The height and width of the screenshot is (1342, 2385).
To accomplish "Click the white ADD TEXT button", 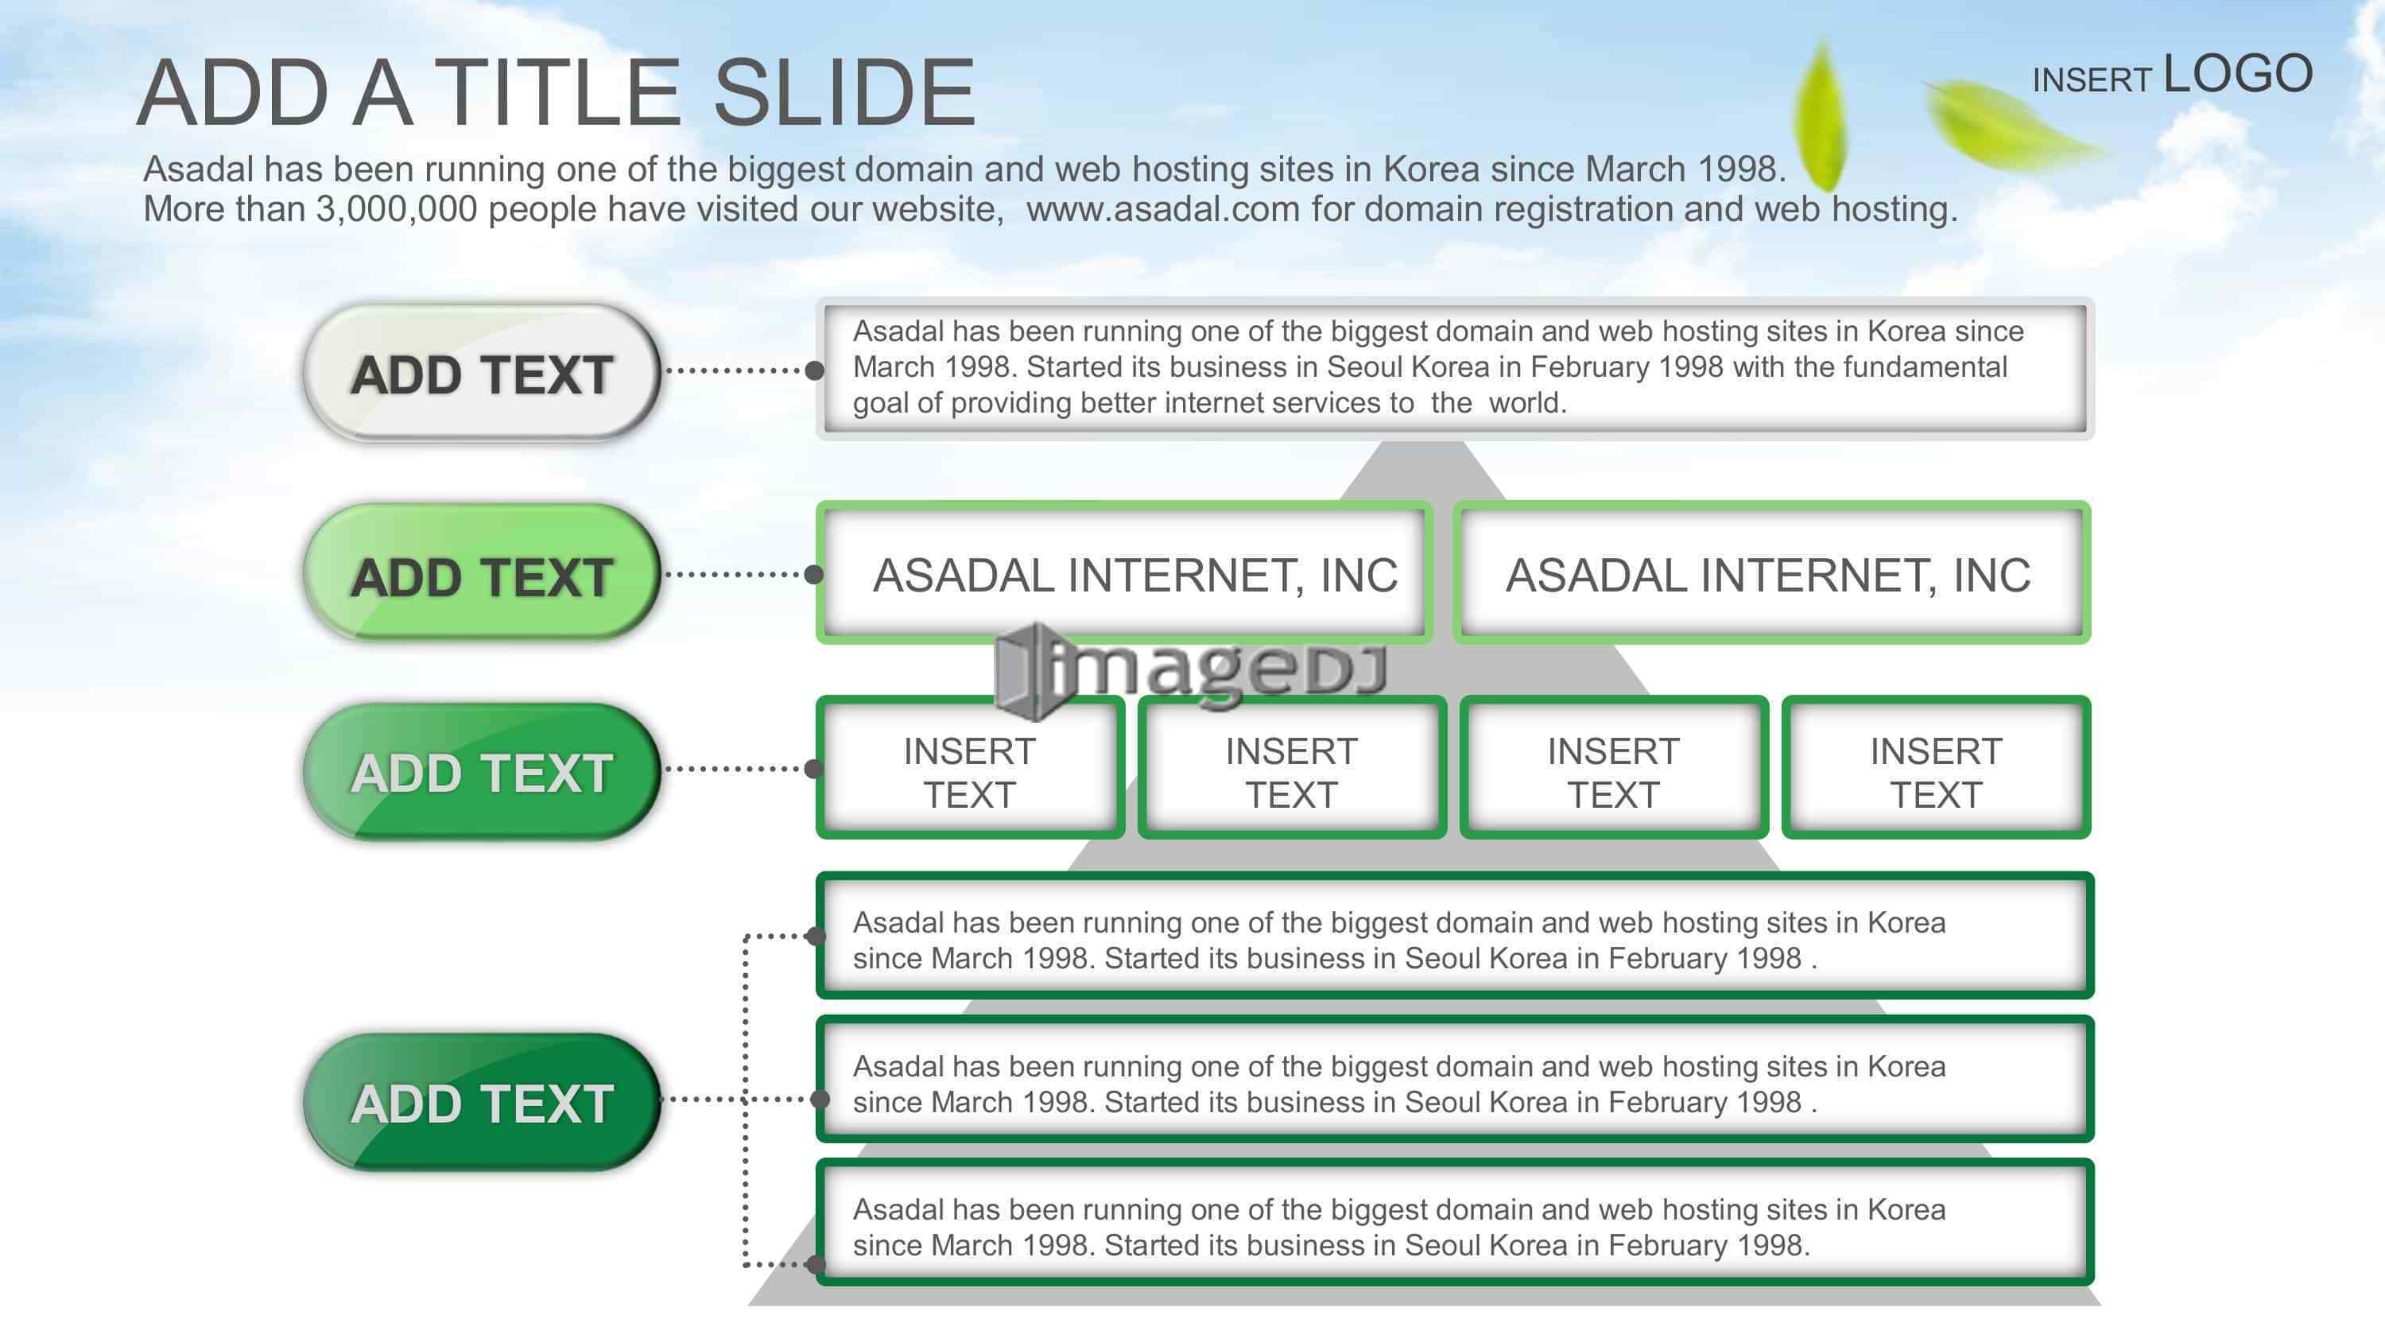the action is pos(482,372).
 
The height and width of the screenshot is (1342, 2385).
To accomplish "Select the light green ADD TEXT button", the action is pos(482,573).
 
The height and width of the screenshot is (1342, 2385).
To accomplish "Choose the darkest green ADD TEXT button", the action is pos(482,1102).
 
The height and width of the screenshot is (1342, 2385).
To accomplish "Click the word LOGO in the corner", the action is pos(2238,74).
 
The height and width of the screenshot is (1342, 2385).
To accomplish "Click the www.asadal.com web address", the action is pos(1163,209).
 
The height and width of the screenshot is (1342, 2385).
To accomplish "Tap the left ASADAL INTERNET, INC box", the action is pos(1124,573).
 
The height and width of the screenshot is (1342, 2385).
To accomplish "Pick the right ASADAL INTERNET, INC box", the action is pos(1771,573).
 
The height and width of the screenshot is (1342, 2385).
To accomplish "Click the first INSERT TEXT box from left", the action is pos(969,768).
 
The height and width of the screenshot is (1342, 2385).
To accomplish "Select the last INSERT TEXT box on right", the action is pos(1936,768).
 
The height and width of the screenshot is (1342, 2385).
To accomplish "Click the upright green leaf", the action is pos(1818,116).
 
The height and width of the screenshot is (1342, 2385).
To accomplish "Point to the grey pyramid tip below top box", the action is pos(1423,443).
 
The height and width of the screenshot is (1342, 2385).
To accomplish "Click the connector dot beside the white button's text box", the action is pos(815,370).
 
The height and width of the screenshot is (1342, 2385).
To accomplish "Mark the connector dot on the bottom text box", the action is pos(815,1264).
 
